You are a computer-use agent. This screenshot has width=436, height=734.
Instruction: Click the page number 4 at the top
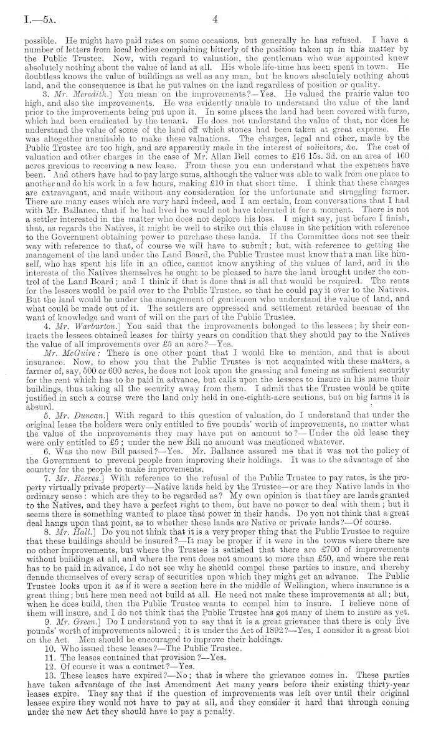click(x=214, y=20)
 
